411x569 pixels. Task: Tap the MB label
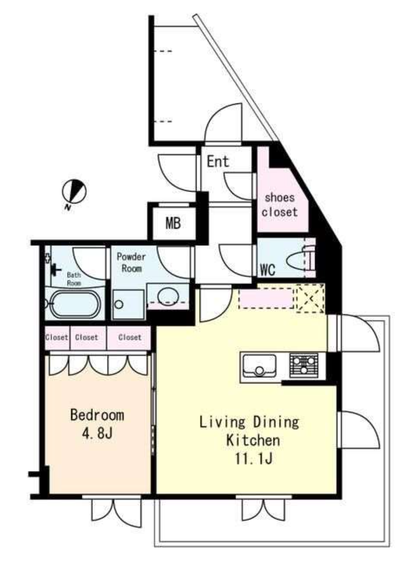pyautogui.click(x=173, y=223)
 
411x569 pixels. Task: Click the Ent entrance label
pyautogui.click(x=218, y=161)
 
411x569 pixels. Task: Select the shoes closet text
pyautogui.click(x=280, y=205)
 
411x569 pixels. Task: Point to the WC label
pyautogui.click(x=268, y=270)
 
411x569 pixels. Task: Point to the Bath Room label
pyautogui.click(x=74, y=279)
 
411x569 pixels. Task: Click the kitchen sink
pyautogui.click(x=259, y=366)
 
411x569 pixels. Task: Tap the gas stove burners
pyautogui.click(x=304, y=365)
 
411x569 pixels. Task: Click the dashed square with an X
pyautogui.click(x=310, y=298)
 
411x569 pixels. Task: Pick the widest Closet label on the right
pyautogui.click(x=130, y=338)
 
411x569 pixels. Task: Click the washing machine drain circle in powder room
pyautogui.click(x=118, y=304)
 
